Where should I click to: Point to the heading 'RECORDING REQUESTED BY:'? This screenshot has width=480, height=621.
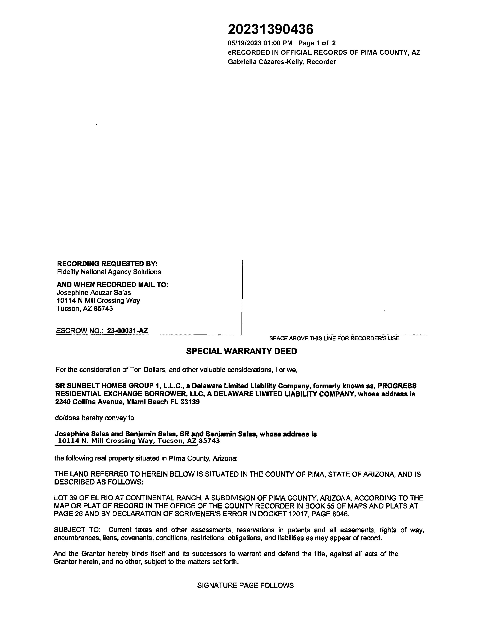pos(107,264)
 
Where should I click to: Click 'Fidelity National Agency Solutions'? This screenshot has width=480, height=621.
pos(109,272)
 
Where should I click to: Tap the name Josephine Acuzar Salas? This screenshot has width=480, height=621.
pos(94,292)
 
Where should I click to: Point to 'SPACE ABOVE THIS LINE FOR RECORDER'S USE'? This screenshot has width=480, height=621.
pos(334,338)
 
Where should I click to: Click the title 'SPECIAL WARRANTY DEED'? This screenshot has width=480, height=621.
pos(241,351)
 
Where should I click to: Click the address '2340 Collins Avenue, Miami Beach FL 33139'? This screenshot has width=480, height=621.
pos(127,402)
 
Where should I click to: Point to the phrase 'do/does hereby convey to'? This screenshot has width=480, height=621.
pos(94,418)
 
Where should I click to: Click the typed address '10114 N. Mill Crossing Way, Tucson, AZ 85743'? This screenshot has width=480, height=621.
pos(139,441)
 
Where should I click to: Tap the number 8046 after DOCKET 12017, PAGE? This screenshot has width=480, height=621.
pos(340,514)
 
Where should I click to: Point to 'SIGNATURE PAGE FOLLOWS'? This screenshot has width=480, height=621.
pos(245,585)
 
